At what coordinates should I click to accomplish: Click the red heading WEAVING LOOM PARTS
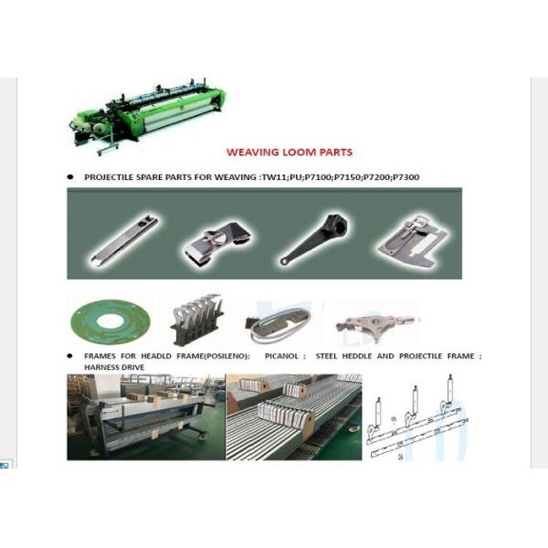point(290,153)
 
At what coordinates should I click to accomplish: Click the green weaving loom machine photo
point(147,116)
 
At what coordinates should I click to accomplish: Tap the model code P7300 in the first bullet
point(406,177)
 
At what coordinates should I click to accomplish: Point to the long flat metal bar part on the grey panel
point(125,240)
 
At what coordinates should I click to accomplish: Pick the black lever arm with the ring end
point(314,239)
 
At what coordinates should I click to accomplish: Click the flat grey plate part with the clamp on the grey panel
point(414,241)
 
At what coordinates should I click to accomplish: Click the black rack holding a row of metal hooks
point(196,320)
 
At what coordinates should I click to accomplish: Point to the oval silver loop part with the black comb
point(279,324)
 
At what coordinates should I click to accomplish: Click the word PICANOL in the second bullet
point(281,356)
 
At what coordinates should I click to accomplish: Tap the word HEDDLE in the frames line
point(357,356)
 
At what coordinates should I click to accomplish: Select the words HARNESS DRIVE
point(114,367)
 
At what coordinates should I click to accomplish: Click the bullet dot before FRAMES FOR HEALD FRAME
point(70,356)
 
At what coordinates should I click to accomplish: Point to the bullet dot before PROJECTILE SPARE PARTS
point(70,177)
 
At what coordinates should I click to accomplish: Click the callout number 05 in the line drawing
point(394,419)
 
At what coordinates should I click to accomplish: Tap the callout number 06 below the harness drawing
point(401,457)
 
